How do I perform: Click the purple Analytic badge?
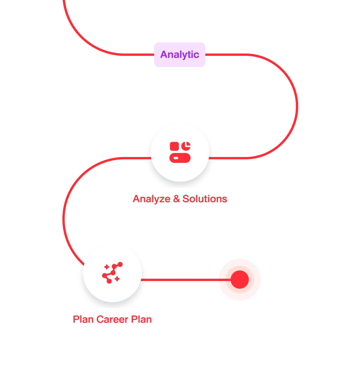click(179, 55)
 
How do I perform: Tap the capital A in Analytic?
click(164, 54)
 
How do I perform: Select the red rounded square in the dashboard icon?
click(174, 146)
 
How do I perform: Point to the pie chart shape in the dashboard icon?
click(186, 146)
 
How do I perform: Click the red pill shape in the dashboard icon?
click(180, 158)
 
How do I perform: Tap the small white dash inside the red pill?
click(176, 158)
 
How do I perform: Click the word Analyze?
click(151, 199)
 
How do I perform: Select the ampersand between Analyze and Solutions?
click(176, 199)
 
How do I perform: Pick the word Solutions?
click(205, 199)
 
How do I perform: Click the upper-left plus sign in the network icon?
click(107, 267)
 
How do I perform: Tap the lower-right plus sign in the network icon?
click(117, 279)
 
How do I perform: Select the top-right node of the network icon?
click(120, 265)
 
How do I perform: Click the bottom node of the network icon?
click(109, 281)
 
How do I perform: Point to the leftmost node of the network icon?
click(105, 276)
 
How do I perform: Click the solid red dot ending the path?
click(240, 280)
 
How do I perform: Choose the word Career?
click(112, 320)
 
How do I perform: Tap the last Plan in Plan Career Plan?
click(141, 320)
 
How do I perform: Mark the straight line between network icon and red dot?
click(186, 280)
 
